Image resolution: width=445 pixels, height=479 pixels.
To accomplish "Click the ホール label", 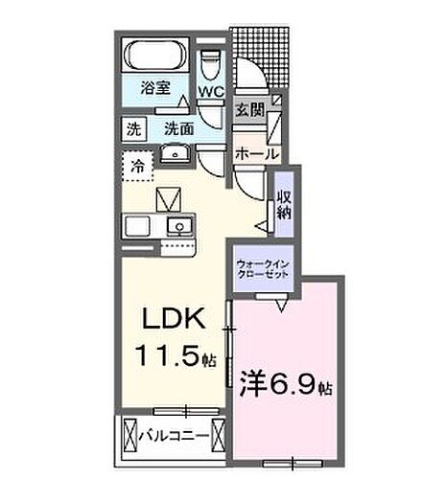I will [256, 152].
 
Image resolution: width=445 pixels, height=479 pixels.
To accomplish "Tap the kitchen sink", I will [178, 226].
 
